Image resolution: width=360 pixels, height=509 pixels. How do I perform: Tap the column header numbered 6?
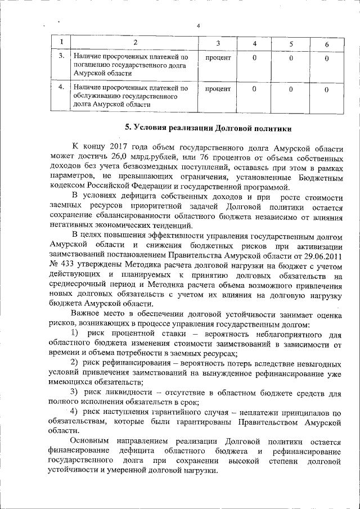tap(326, 44)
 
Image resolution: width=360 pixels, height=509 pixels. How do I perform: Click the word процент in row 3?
tap(218, 57)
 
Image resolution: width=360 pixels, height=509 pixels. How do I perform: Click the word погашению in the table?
tap(92, 65)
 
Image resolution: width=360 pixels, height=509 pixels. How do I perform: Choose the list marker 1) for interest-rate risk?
tap(75, 334)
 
